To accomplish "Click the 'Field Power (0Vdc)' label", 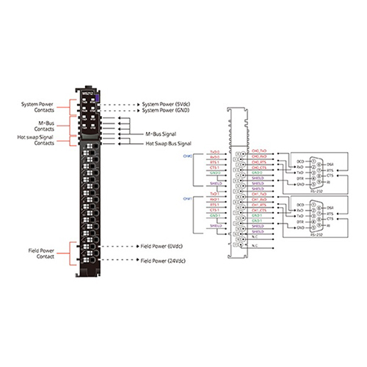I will tap(161, 247).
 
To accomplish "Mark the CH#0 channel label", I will tap(186, 156).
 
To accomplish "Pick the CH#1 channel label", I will tap(186, 199).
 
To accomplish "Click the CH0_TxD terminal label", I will tap(258, 150).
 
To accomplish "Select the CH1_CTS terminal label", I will tap(258, 210).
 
